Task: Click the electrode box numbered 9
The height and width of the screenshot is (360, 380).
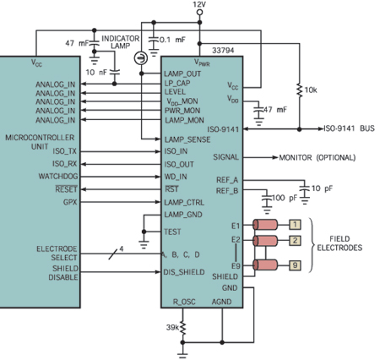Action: click(295, 266)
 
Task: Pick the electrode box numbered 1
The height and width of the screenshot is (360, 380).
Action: click(295, 225)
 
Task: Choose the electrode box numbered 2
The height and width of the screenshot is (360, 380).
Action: click(295, 241)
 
